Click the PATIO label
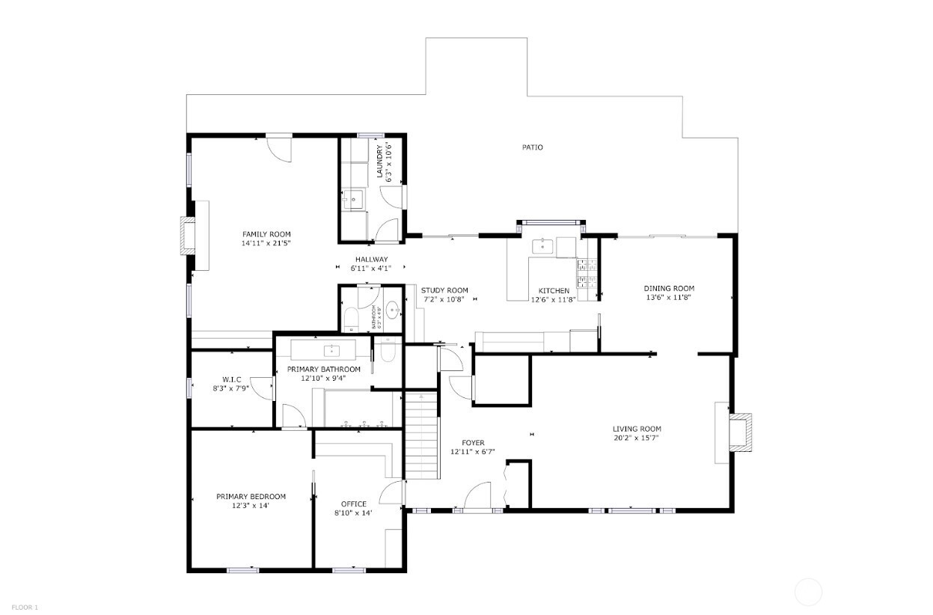[532, 147]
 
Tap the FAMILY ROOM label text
[266, 234]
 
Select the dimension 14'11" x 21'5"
[266, 243]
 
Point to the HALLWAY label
[371, 259]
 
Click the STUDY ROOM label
[444, 290]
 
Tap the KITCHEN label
[554, 290]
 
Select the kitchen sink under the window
[543, 245]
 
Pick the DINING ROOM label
[669, 288]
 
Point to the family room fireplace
[188, 236]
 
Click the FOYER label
[473, 443]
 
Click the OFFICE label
[354, 504]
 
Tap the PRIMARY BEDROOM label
[251, 496]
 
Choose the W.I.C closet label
[230, 379]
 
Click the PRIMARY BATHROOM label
[330, 369]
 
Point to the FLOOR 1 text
[25, 607]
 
